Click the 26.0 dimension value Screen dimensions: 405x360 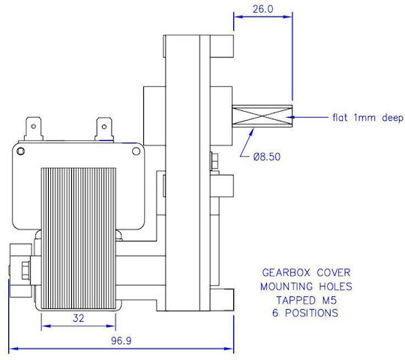(262, 9)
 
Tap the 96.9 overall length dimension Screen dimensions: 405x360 (121, 340)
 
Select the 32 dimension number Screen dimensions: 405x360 (78, 318)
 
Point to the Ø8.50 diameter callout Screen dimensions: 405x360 (267, 157)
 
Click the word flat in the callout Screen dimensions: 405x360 (340, 118)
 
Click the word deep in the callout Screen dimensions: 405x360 (392, 118)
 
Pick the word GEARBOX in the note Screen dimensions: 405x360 (286, 273)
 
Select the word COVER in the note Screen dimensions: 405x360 (334, 273)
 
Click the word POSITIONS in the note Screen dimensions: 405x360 (311, 313)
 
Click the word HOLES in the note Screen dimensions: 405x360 (335, 286)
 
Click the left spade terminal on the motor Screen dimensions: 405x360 (34, 129)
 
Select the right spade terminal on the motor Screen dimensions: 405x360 (104, 129)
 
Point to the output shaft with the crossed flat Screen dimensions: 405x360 (262, 116)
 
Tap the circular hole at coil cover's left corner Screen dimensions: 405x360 (21, 151)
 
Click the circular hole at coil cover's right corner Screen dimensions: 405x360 (136, 151)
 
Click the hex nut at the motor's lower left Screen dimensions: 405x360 (25, 270)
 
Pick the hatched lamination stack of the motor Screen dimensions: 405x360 (79, 238)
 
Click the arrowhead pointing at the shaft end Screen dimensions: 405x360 (290, 117)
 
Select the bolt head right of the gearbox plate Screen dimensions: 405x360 (214, 161)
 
